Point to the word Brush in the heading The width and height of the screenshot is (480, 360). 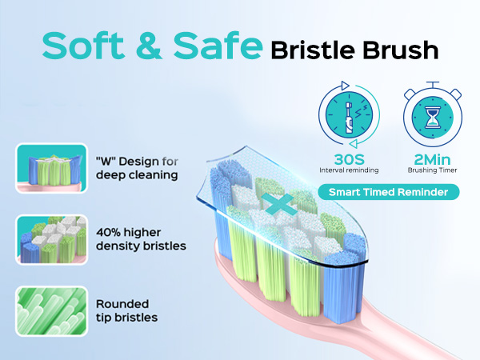405,50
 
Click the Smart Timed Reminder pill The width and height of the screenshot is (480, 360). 387,192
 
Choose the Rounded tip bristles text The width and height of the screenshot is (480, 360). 126,310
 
